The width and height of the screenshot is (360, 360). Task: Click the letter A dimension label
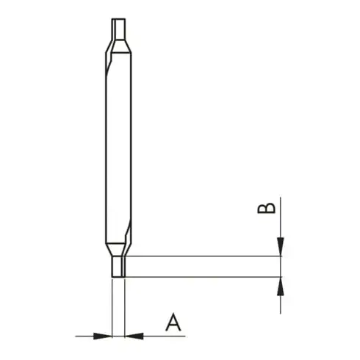(173, 322)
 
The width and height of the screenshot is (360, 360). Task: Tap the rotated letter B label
(267, 208)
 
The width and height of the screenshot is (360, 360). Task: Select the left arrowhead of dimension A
(103, 336)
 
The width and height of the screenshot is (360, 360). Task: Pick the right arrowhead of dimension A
(134, 336)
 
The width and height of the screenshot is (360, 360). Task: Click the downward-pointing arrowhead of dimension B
(281, 247)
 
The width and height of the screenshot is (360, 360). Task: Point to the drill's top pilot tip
(118, 29)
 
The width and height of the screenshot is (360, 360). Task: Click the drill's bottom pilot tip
(118, 267)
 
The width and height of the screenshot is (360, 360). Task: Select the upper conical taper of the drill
(118, 46)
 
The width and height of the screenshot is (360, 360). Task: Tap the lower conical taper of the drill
(118, 250)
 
